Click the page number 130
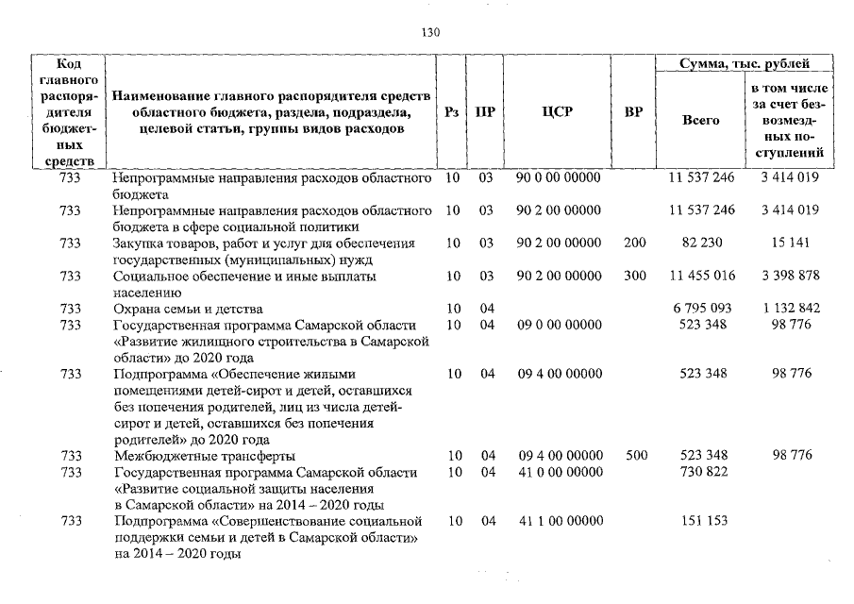click(430, 33)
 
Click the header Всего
click(700, 120)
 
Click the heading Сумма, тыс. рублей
click(744, 64)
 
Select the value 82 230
click(702, 243)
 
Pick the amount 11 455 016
click(701, 276)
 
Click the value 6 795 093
click(701, 309)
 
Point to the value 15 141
click(791, 243)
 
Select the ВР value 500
click(636, 455)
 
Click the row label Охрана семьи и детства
click(187, 309)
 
